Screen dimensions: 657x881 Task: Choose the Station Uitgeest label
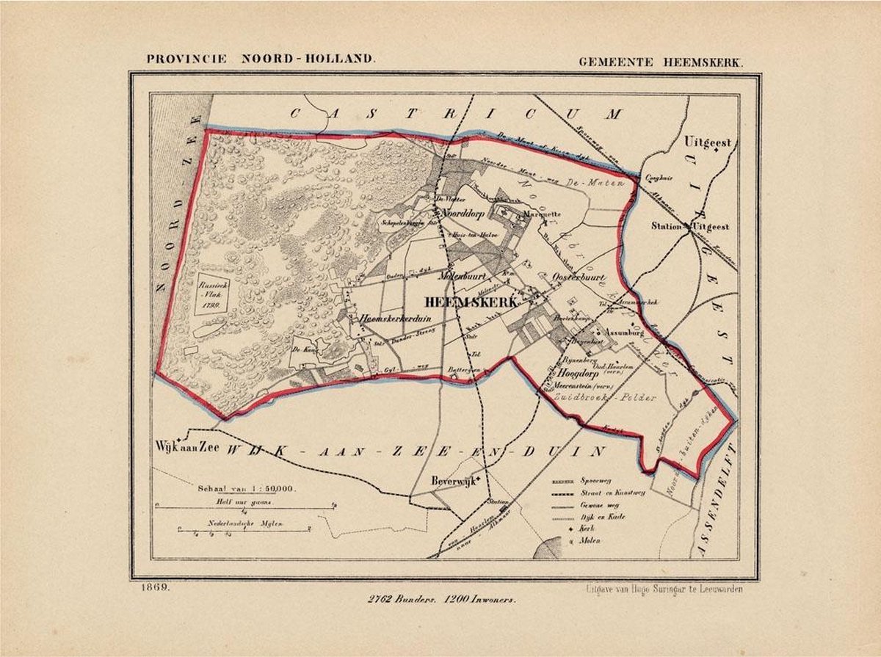pos(690,227)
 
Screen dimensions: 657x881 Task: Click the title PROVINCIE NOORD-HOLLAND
pos(261,59)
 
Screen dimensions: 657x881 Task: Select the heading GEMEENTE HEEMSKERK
pos(660,62)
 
